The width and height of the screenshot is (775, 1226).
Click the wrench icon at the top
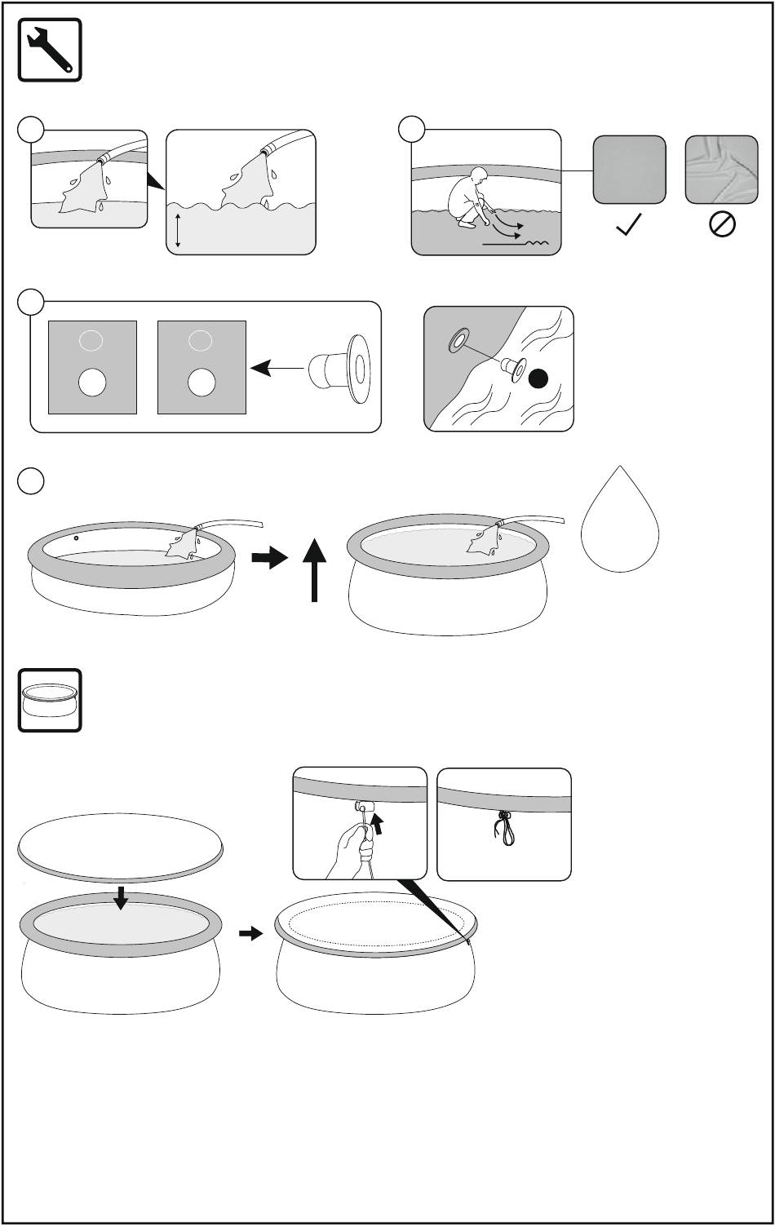coord(50,49)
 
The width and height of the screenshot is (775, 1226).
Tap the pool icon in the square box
coord(50,700)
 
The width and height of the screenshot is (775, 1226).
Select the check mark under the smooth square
coord(629,225)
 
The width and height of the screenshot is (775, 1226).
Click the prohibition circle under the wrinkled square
coord(723,225)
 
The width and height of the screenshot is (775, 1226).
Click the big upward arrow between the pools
coord(314,571)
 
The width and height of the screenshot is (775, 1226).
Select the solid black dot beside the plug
coord(538,378)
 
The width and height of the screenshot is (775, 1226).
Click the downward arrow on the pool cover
coord(122,897)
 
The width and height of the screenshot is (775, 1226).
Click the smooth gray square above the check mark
coord(629,170)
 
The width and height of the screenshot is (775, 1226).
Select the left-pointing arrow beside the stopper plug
coord(272,370)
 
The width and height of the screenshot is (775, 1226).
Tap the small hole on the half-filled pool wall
coord(75,538)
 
